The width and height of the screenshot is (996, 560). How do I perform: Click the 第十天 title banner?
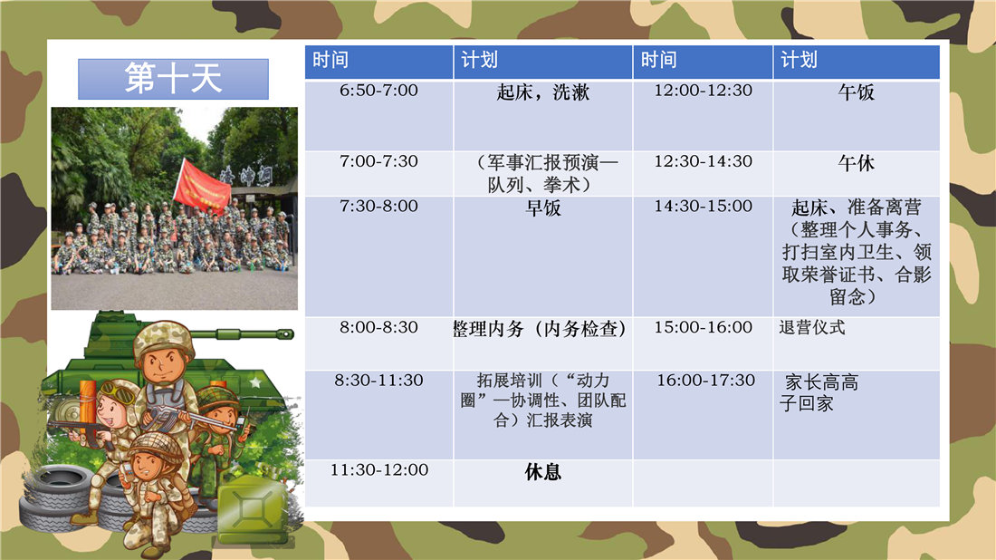[174, 79]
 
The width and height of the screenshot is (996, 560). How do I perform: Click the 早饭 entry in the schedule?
[543, 208]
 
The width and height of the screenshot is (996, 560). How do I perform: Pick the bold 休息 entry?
[543, 472]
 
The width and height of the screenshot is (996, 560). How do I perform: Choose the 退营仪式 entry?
[812, 328]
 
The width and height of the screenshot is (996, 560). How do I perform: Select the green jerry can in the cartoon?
[253, 508]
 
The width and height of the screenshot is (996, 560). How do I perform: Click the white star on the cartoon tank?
[255, 382]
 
